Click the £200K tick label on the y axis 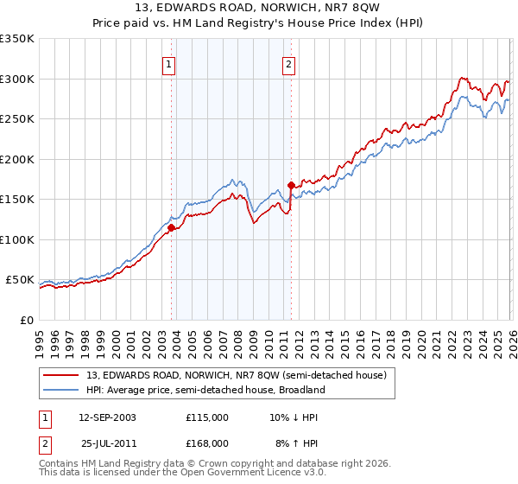coord(17,159)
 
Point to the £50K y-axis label coord(20,280)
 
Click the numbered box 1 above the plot coord(168,63)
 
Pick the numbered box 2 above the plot coord(288,63)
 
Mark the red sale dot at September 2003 coord(172,228)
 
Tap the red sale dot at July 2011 coord(291,185)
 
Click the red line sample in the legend coord(61,375)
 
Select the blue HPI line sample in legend coord(61,390)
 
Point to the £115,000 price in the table coord(206,417)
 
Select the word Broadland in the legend coord(300,390)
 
